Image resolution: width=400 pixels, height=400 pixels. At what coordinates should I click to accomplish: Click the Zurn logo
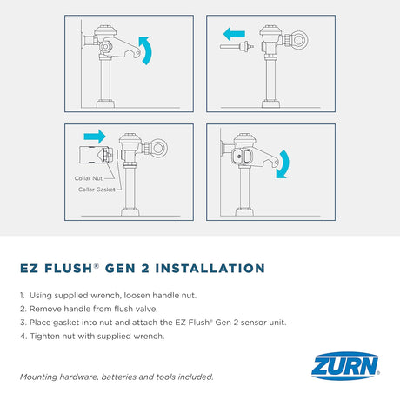click(345, 366)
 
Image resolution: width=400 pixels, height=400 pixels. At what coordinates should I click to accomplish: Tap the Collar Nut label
click(89, 178)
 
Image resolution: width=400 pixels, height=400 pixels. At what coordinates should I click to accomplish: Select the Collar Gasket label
click(97, 190)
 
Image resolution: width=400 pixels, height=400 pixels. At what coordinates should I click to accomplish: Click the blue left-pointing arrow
click(234, 34)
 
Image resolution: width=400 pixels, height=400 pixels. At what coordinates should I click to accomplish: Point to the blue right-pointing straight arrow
click(95, 137)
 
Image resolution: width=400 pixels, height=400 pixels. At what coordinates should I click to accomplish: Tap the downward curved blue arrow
click(283, 164)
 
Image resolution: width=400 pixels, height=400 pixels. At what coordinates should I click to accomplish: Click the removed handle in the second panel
click(237, 46)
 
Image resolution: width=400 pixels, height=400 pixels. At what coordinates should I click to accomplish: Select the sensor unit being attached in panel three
click(96, 155)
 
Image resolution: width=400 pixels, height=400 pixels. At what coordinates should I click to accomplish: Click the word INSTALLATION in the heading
click(210, 269)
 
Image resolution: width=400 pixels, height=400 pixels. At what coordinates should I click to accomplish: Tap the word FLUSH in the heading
click(69, 269)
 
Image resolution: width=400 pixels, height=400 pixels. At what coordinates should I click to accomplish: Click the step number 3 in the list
click(23, 323)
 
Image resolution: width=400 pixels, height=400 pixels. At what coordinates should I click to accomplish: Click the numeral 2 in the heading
click(145, 269)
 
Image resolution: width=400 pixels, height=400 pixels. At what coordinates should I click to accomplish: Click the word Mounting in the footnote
click(38, 377)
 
